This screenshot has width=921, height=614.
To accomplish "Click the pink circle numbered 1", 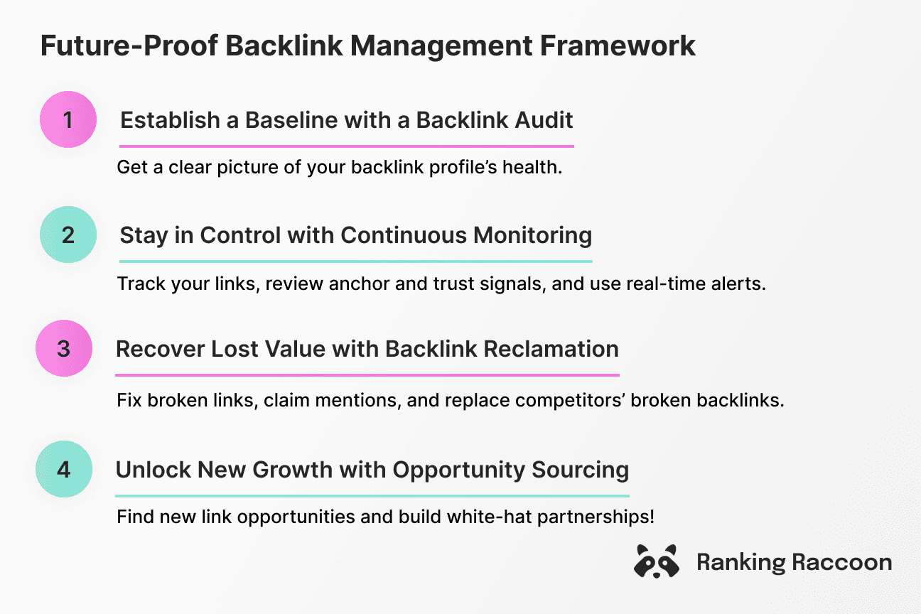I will (68, 119).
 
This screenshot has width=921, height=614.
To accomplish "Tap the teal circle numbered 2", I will (68, 235).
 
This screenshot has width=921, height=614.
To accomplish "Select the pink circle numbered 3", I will (64, 349).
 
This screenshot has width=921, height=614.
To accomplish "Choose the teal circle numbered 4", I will (64, 470).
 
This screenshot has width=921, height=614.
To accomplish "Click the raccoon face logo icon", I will (655, 562).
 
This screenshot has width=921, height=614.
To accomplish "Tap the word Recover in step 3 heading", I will (159, 349).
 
